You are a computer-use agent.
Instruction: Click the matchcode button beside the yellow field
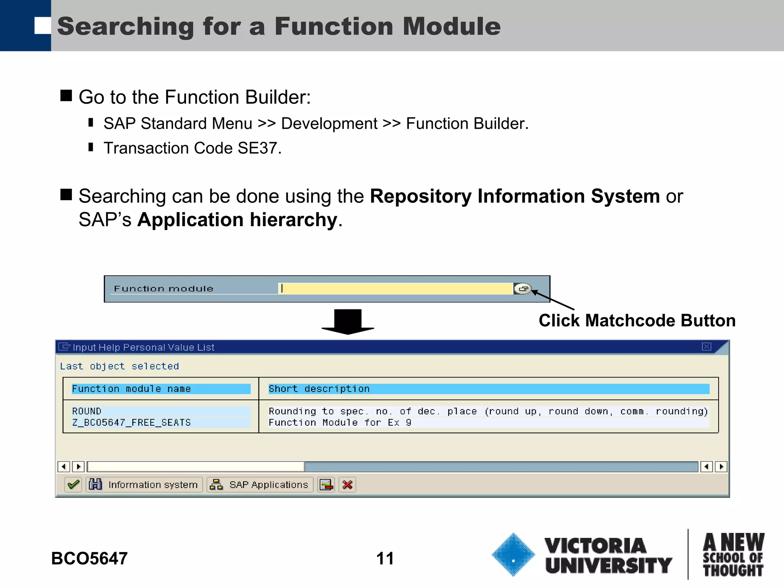522,289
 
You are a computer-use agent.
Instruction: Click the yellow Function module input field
396,289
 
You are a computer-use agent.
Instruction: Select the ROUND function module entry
87,411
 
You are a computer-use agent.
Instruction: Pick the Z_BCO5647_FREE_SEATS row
131,423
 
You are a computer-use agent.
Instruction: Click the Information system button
144,485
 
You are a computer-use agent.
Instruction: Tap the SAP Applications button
260,485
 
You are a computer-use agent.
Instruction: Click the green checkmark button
73,485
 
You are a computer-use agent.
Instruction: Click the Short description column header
319,389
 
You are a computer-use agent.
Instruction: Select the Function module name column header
131,389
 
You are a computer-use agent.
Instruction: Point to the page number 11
385,559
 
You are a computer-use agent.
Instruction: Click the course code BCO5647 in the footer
89,559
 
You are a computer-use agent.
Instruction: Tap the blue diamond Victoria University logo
513,555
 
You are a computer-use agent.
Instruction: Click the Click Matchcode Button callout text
637,320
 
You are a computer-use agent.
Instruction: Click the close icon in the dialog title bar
706,347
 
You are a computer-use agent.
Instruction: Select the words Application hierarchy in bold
237,220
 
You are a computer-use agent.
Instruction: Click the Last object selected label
119,366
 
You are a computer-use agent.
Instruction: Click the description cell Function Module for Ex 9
340,423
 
